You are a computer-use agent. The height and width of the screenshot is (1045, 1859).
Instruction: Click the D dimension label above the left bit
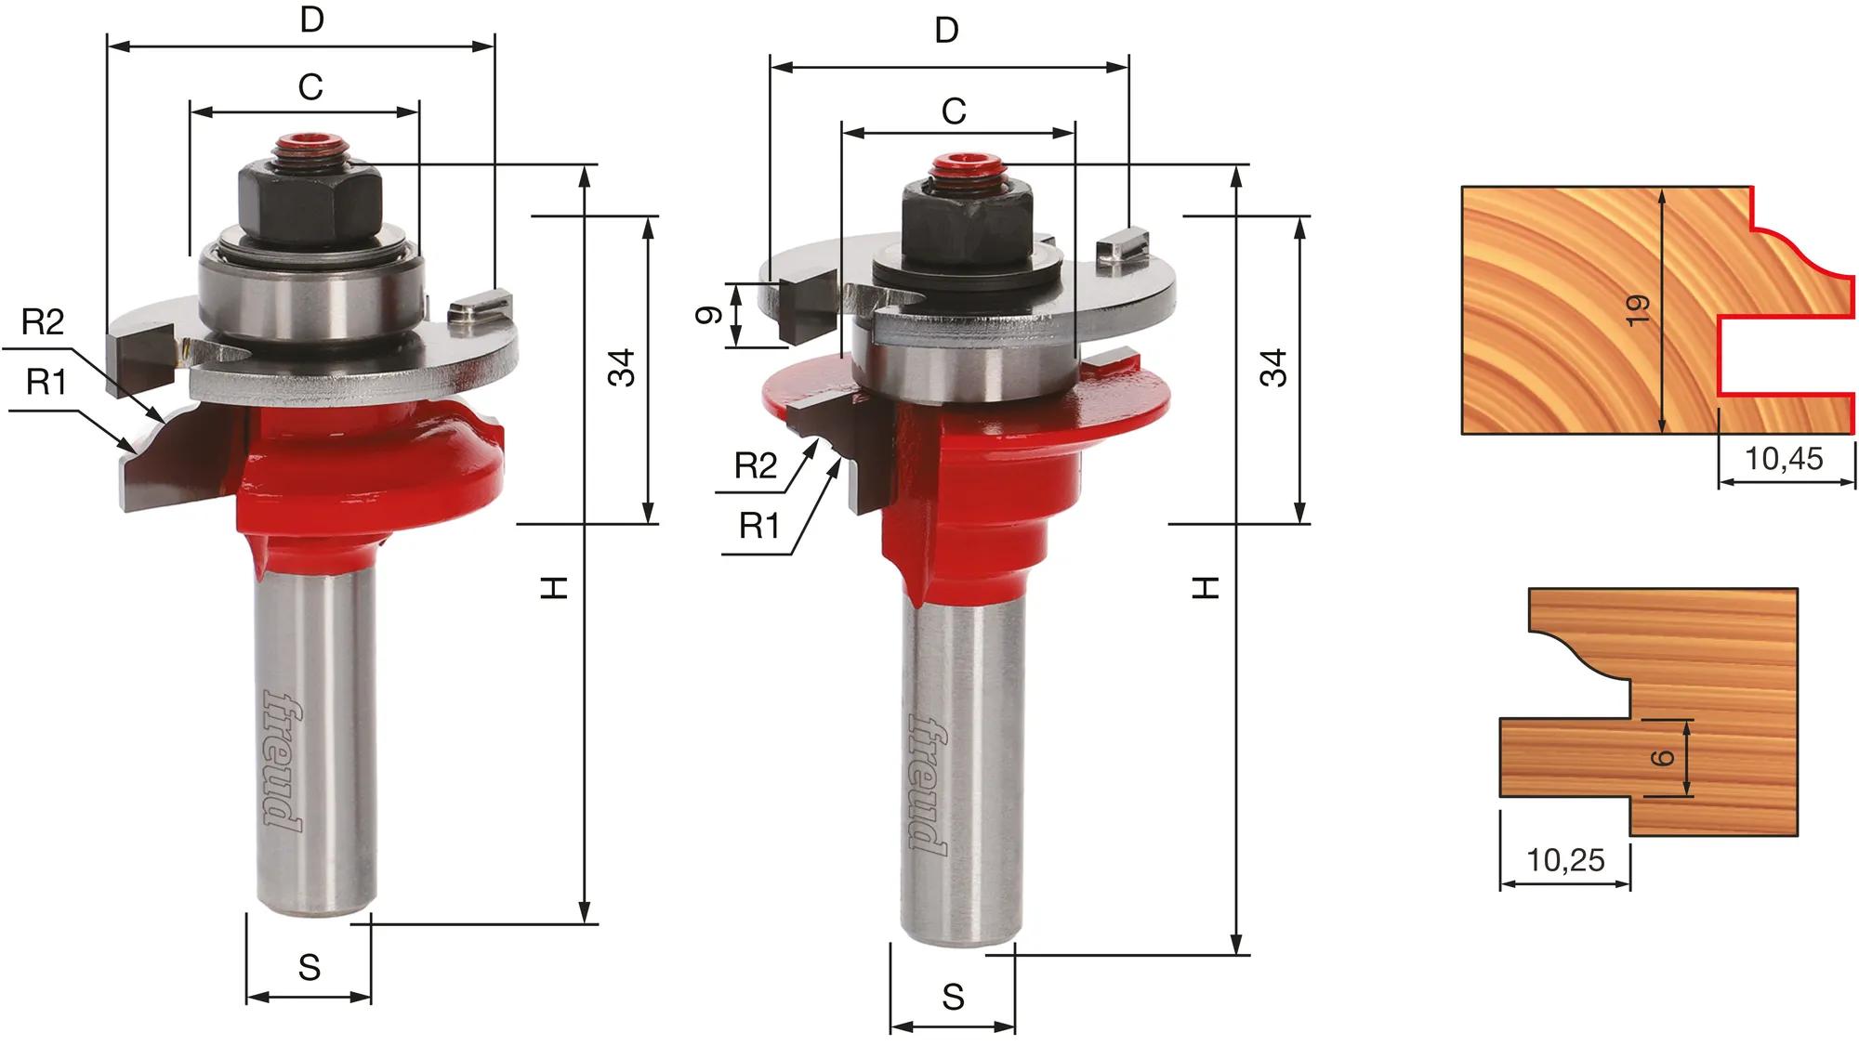pyautogui.click(x=312, y=20)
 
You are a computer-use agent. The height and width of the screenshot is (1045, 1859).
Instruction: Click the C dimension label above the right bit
pyautogui.click(x=954, y=111)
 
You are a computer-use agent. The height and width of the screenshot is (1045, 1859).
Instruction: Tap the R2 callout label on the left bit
pyautogui.click(x=43, y=322)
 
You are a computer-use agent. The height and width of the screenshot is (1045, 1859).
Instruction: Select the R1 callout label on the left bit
pyautogui.click(x=46, y=382)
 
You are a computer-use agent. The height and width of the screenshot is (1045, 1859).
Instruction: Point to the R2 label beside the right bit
pyautogui.click(x=756, y=465)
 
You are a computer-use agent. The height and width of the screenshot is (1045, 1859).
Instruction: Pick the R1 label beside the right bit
pyautogui.click(x=759, y=527)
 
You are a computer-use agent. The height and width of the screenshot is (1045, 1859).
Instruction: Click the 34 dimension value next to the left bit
pyautogui.click(x=622, y=368)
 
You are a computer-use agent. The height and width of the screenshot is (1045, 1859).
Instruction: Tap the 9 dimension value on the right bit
pyautogui.click(x=709, y=315)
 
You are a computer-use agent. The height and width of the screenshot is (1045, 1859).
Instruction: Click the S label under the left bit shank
pyautogui.click(x=310, y=968)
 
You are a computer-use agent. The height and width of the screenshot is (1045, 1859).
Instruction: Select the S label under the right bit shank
pyautogui.click(x=954, y=998)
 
